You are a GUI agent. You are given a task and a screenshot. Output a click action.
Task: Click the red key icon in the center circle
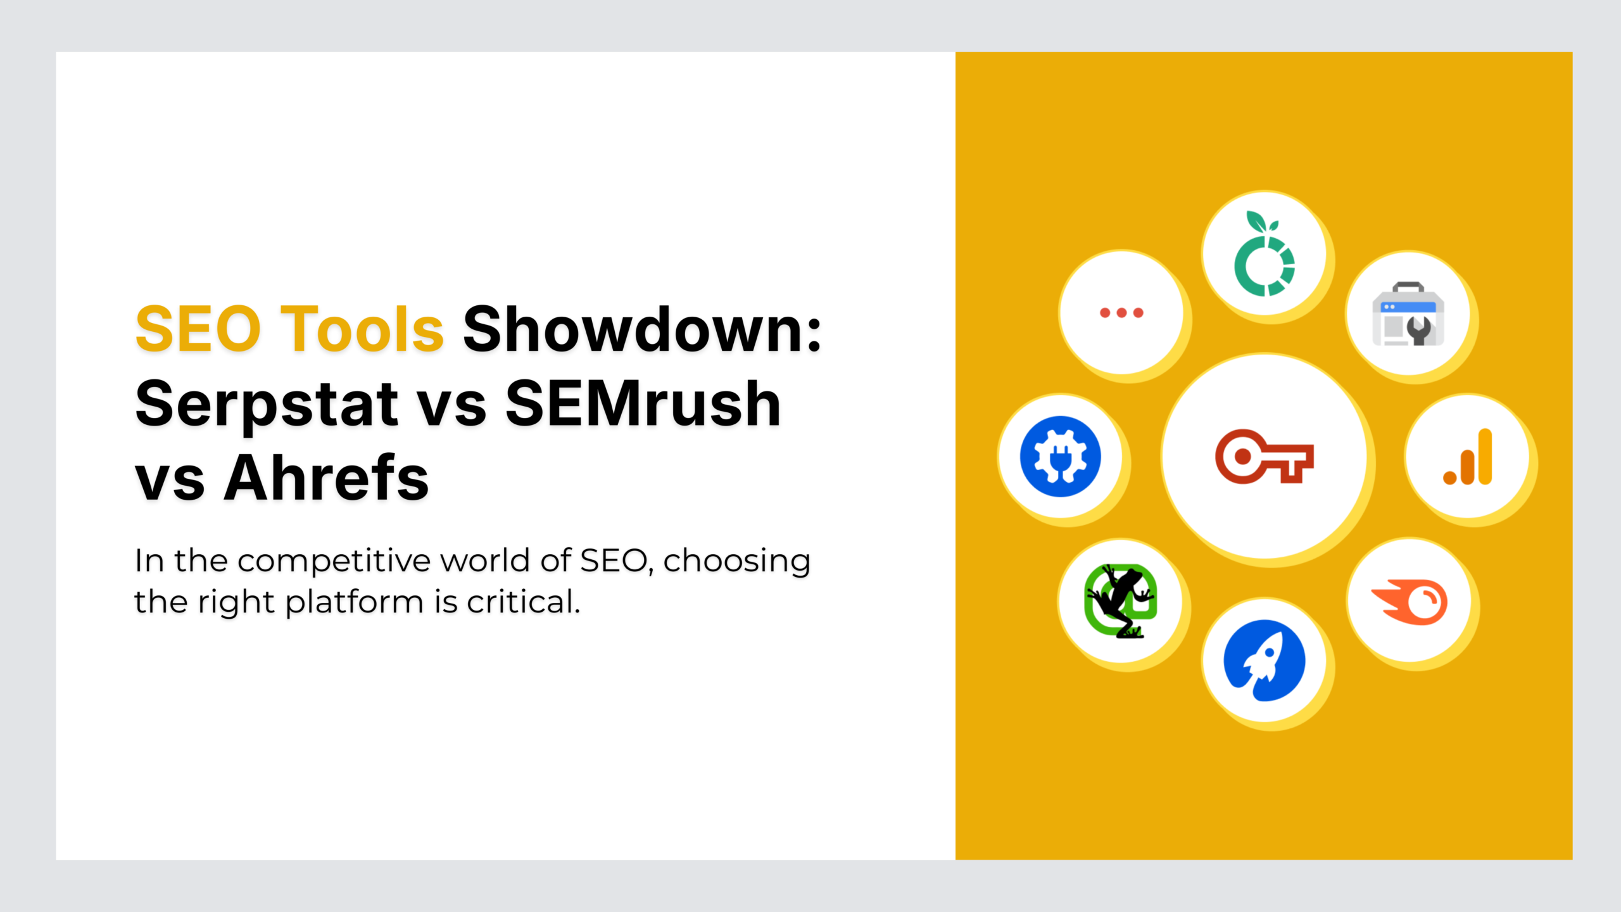coord(1264,457)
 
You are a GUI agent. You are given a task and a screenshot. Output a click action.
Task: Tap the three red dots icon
coord(1121,313)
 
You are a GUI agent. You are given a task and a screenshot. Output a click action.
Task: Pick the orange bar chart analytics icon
coord(1468,457)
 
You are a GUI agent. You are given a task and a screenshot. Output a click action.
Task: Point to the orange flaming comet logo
coord(1410,602)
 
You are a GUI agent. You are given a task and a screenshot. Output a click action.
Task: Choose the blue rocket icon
coord(1265,660)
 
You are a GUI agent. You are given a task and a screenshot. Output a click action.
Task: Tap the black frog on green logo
coord(1121,601)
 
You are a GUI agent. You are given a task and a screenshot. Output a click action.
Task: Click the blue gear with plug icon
coord(1061,457)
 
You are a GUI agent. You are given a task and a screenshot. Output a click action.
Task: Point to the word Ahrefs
coord(326,478)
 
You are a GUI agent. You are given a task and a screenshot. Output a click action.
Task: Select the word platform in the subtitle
coord(354,602)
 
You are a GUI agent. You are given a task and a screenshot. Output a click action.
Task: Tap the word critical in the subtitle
coord(523,602)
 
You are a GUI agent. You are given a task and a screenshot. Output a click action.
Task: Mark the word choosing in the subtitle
coord(736,561)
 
